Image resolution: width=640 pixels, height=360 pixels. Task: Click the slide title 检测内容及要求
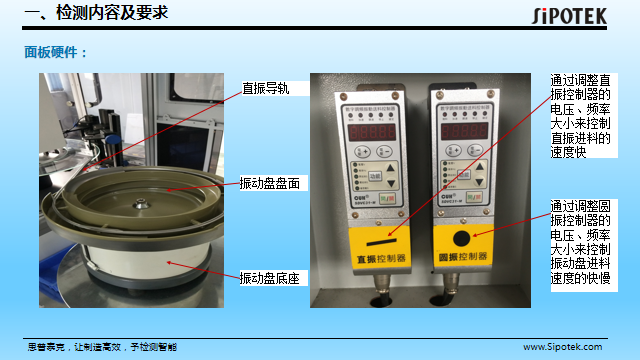(96, 13)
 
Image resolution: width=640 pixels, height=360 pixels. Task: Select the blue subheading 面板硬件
(56, 52)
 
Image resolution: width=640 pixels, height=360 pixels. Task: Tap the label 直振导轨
(265, 88)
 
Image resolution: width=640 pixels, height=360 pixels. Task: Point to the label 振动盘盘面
(270, 184)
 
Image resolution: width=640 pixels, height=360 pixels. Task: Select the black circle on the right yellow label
(462, 238)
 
